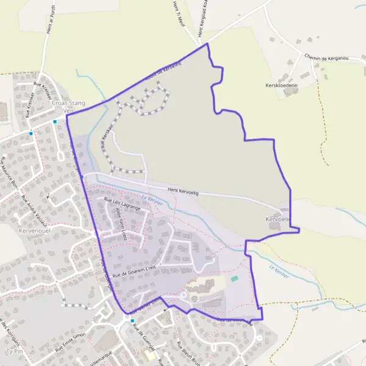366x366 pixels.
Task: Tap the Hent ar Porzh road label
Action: pos(46,18)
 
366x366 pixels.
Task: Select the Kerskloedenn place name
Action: pos(282,87)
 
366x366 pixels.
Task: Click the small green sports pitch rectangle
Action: pos(235,279)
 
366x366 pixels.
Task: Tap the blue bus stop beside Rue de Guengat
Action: pos(132,320)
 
